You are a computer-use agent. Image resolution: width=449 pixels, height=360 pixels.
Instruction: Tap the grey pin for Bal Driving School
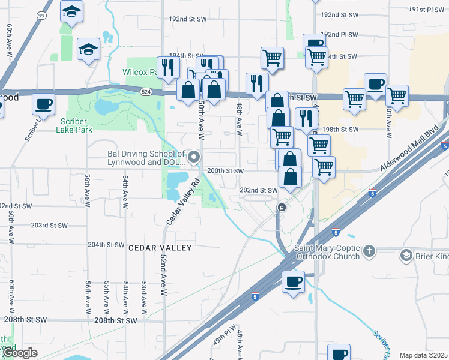[x=193, y=158]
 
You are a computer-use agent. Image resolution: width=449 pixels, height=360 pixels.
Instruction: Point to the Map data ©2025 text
[x=423, y=355]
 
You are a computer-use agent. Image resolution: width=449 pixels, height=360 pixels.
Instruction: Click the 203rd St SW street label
[x=49, y=225]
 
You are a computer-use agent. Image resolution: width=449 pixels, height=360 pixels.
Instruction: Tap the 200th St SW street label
[x=225, y=171]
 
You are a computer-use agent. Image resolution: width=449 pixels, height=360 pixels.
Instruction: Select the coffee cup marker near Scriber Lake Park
[x=43, y=104]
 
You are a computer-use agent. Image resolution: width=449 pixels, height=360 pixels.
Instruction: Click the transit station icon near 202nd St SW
[x=281, y=207]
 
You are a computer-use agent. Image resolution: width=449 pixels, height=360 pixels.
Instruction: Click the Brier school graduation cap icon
[x=406, y=256]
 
